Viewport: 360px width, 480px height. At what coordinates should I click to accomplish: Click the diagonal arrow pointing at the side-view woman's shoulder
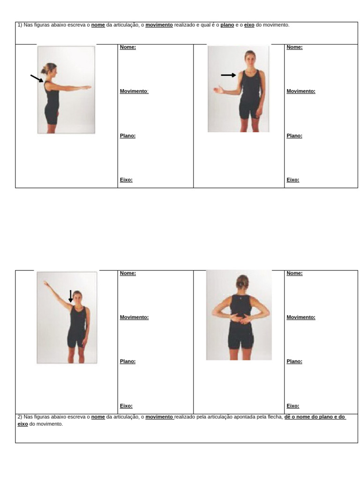(x=37, y=78)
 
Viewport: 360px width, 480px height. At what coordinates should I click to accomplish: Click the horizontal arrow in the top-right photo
(x=228, y=75)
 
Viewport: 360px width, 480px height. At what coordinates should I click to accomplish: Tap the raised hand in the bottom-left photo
(x=45, y=283)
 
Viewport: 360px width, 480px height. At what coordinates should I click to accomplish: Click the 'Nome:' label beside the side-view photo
(x=128, y=47)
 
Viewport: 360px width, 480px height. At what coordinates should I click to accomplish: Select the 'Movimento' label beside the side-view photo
(x=134, y=91)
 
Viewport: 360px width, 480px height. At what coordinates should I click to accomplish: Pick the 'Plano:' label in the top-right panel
(x=294, y=135)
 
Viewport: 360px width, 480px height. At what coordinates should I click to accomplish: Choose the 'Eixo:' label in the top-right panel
(x=293, y=180)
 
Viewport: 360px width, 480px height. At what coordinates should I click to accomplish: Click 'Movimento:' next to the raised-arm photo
(x=134, y=317)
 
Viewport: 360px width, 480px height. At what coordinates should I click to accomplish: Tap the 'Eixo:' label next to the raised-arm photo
(x=126, y=406)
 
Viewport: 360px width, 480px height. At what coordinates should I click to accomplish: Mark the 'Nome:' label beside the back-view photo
(x=294, y=273)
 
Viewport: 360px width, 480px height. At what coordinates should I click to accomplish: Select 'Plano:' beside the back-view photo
(x=294, y=361)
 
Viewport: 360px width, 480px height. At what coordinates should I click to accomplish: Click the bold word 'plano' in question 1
(x=227, y=25)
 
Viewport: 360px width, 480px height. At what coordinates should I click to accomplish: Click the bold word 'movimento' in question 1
(x=159, y=25)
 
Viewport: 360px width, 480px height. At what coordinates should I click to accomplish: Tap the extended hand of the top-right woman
(x=217, y=90)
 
